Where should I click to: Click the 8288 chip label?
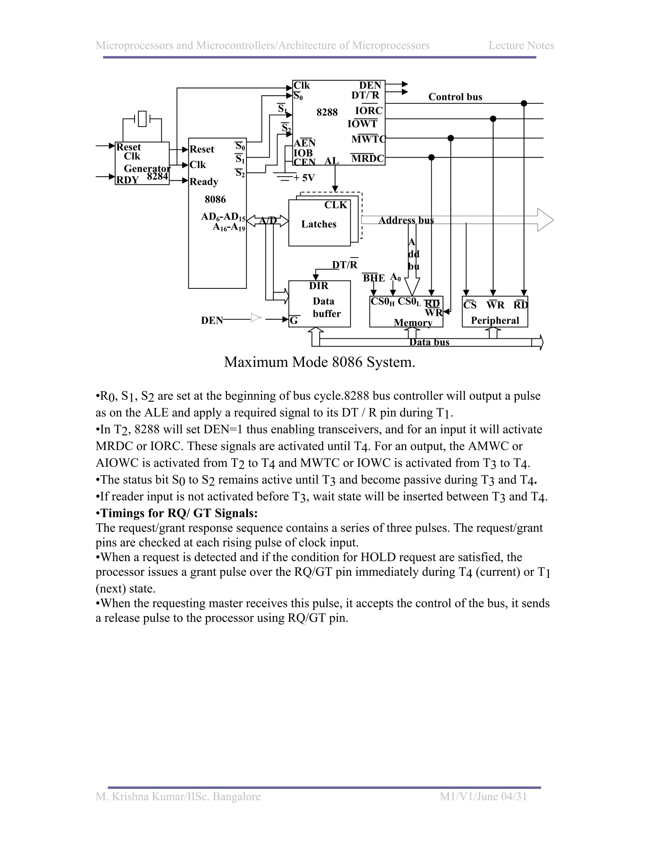[x=327, y=112]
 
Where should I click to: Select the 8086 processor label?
[x=215, y=200]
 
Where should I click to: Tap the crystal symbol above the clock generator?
[x=142, y=119]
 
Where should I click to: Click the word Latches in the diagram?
[x=319, y=224]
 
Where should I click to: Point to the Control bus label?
[x=455, y=97]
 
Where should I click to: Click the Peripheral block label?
[x=495, y=321]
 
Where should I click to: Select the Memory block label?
[x=413, y=323]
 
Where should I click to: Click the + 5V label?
[x=304, y=178]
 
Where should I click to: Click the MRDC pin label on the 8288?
[x=367, y=159]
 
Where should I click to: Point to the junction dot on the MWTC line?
[x=451, y=138]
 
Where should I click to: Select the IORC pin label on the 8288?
[x=369, y=111]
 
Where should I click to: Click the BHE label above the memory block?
[x=374, y=278]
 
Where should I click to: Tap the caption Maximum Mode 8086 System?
[x=320, y=362]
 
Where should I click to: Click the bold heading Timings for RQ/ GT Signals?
[x=179, y=513]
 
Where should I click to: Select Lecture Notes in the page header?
[x=521, y=45]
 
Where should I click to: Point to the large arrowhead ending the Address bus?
[x=545, y=220]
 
